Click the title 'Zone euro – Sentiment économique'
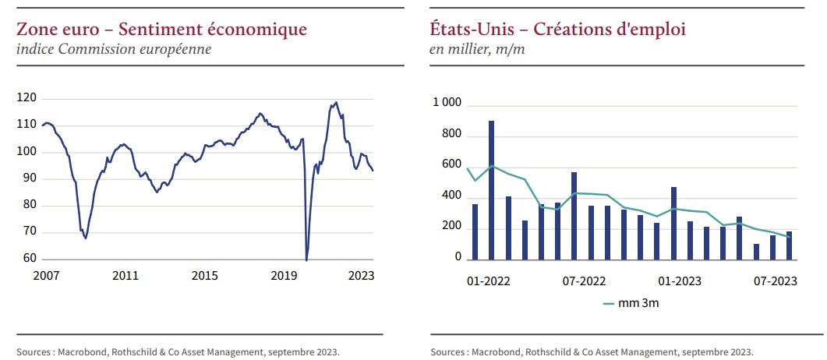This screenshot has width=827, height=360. pos(161,30)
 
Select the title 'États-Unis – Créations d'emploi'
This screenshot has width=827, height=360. pos(557,30)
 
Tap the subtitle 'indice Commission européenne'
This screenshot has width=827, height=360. pos(114,50)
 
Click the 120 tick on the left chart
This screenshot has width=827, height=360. pos(27,98)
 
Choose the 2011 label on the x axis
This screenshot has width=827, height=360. pos(125,276)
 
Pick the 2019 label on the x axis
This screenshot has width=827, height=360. pos(284,276)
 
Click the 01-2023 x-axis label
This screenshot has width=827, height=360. pos(680,281)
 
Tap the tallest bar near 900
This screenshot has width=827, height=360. pos(491,189)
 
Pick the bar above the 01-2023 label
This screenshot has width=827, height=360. pos(673,223)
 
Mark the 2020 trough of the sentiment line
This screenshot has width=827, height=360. pos(306,259)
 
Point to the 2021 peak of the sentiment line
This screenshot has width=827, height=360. pos(336,102)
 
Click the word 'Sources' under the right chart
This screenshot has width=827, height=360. pos(448,351)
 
